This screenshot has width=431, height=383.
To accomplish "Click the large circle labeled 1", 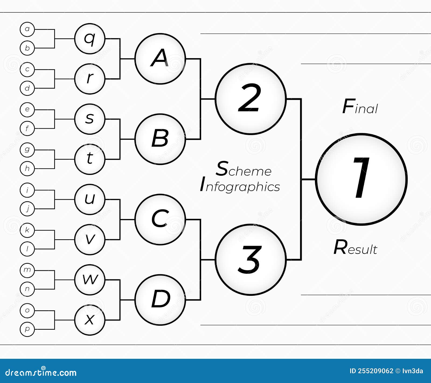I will pos(361,179).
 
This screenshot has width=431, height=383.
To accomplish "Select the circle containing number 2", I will pos(251,99).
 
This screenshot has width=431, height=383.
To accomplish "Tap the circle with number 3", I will pos(251,259).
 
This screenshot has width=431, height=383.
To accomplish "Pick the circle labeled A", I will pos(160,59).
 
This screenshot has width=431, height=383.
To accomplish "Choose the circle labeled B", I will pos(160,139).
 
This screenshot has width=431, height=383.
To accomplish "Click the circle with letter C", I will pos(160,219).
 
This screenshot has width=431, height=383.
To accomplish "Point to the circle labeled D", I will pos(160,300).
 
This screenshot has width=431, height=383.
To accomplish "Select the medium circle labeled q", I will pos(90,38).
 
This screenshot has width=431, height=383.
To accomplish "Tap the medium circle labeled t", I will pos(90,159).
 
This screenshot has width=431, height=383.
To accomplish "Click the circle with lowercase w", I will pos(90,280).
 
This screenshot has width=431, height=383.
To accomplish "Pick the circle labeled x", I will pos(90,320).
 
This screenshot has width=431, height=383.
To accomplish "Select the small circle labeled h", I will pos(27,168).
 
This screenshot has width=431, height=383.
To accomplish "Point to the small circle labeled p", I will pos(27,329).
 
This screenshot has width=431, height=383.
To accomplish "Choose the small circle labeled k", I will pos(27,230).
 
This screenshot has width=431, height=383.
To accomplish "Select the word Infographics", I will pos(240,186).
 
